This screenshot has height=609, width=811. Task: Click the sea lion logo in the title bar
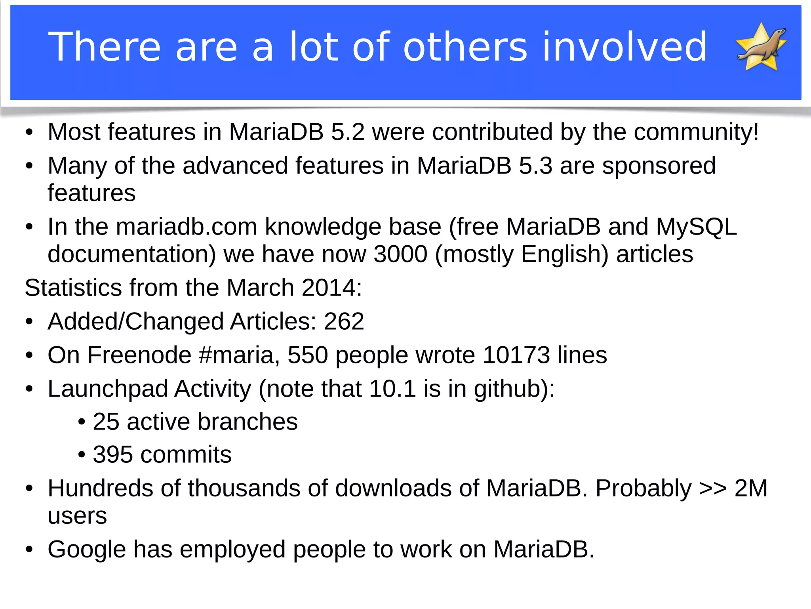[762, 47]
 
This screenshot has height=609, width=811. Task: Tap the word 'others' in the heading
[465, 47]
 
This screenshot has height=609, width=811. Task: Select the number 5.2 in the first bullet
[347, 132]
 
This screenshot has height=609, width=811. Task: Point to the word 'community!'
[696, 132]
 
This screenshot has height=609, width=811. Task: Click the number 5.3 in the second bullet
[535, 166]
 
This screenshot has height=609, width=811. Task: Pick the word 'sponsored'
[659, 166]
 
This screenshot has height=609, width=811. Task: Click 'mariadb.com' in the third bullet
[187, 227]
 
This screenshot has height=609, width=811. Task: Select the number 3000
[400, 254]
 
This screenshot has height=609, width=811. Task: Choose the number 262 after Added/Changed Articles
[344, 321]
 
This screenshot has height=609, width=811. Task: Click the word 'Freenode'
[139, 355]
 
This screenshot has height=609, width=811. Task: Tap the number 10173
[516, 355]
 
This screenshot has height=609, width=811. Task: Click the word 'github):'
[514, 389]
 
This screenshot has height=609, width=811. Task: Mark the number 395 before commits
[112, 454]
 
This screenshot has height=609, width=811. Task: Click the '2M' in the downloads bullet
[751, 488]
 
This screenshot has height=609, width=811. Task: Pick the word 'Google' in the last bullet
[87, 550]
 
